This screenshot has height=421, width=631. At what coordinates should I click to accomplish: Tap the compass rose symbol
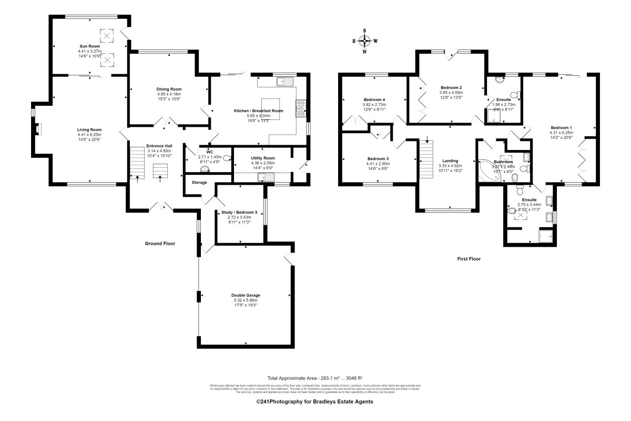tap(365, 41)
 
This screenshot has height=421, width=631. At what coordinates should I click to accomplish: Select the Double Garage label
tap(246, 296)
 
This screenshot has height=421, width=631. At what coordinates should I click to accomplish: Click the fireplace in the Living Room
tap(38, 129)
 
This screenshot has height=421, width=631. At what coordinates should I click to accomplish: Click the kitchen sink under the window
tap(284, 81)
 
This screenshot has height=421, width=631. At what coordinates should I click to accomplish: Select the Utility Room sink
tap(262, 178)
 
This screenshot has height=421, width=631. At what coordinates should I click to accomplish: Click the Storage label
tap(199, 183)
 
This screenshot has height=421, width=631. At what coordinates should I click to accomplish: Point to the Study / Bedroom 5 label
tap(239, 213)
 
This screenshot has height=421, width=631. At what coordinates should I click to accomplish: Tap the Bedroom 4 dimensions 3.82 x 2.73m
tap(374, 104)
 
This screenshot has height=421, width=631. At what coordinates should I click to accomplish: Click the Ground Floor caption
tap(160, 244)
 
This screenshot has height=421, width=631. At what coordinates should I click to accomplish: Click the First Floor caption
tap(469, 259)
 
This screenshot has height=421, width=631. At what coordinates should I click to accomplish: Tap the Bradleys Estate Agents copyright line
tap(314, 402)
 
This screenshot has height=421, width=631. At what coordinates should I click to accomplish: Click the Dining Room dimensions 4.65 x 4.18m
tap(169, 94)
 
